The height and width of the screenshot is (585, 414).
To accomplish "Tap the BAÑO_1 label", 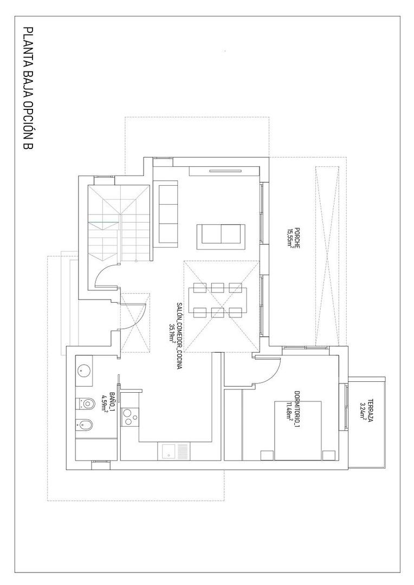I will [112, 404].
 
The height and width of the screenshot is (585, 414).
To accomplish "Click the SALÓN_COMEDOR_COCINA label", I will [178, 336].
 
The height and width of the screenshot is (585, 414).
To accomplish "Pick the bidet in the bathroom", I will [87, 425].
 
